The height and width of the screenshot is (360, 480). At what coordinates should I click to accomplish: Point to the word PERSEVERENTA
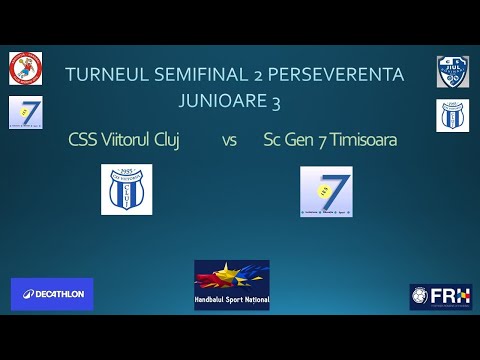click(x=343, y=74)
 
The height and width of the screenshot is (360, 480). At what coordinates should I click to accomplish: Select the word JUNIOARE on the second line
click(x=221, y=100)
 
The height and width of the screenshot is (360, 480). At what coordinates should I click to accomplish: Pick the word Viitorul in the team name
click(x=125, y=139)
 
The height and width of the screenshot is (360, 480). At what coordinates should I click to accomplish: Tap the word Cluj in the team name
click(x=167, y=139)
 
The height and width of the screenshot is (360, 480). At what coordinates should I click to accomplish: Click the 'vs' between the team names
click(x=229, y=140)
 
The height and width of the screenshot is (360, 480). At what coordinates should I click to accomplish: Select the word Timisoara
click(x=361, y=139)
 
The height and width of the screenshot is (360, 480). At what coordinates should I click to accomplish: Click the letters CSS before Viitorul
click(x=83, y=139)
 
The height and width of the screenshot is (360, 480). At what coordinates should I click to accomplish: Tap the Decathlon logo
click(x=52, y=294)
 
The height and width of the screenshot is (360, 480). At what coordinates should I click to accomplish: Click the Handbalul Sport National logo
click(x=232, y=285)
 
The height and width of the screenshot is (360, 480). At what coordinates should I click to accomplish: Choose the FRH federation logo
click(x=440, y=296)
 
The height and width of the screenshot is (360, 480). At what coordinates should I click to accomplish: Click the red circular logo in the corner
click(x=25, y=68)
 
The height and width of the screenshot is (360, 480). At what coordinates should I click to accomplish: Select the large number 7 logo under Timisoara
click(x=326, y=192)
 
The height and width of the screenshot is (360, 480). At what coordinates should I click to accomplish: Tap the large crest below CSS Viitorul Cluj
click(x=126, y=190)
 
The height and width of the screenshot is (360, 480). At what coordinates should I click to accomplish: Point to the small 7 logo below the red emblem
click(x=24, y=113)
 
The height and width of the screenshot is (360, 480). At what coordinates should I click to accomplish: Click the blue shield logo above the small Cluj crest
click(x=452, y=71)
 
